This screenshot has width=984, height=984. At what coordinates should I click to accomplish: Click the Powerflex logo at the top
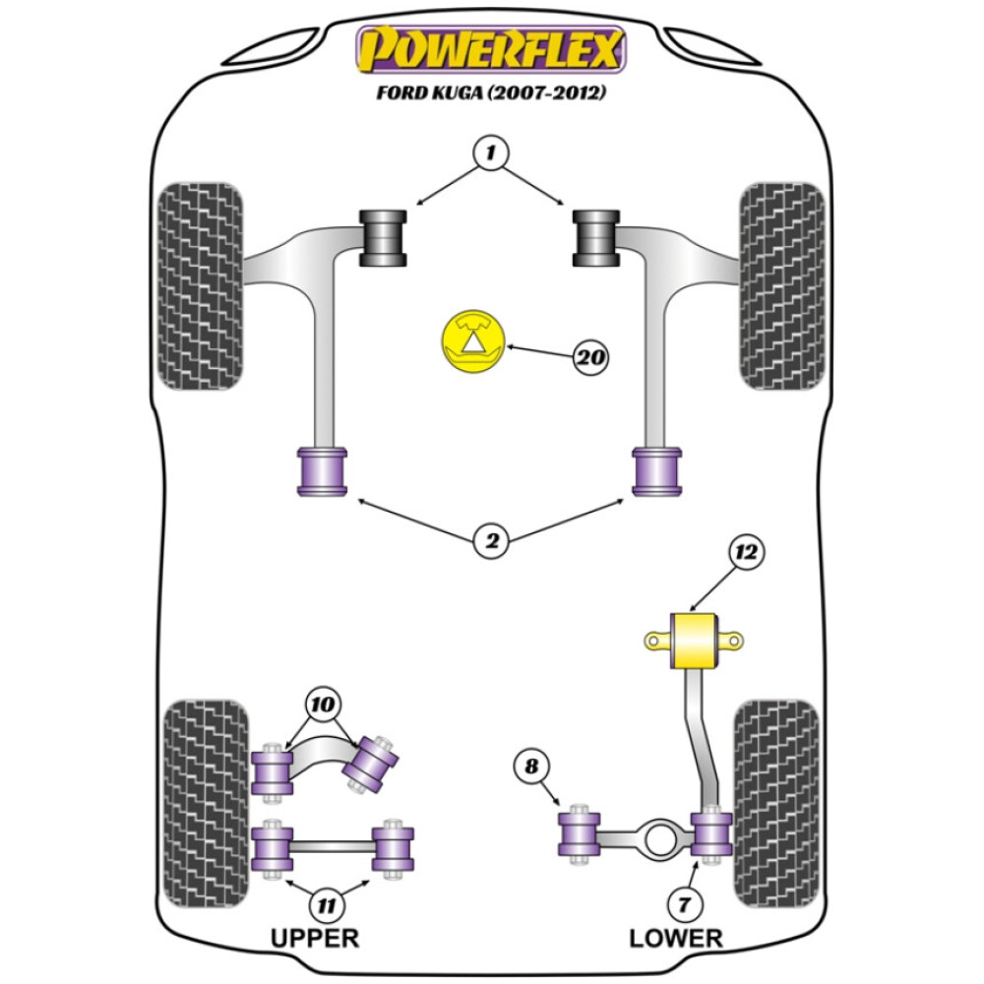point(491,48)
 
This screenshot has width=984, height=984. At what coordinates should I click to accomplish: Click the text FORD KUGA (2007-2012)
point(491,95)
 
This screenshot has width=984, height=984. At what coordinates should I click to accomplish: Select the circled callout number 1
point(492,153)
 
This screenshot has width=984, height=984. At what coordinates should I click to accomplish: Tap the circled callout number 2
point(492,539)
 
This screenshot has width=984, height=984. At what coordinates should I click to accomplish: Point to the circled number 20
point(590,357)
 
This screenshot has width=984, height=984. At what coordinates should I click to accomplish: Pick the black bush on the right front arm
point(596,238)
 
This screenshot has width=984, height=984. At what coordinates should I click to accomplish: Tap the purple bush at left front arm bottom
point(322,471)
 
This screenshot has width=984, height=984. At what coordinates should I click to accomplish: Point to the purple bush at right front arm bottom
point(658,471)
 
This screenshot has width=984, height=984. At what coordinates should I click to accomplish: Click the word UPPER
point(315,937)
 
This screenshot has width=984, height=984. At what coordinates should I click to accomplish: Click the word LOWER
point(676,937)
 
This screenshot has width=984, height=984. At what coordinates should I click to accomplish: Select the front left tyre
point(200,285)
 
